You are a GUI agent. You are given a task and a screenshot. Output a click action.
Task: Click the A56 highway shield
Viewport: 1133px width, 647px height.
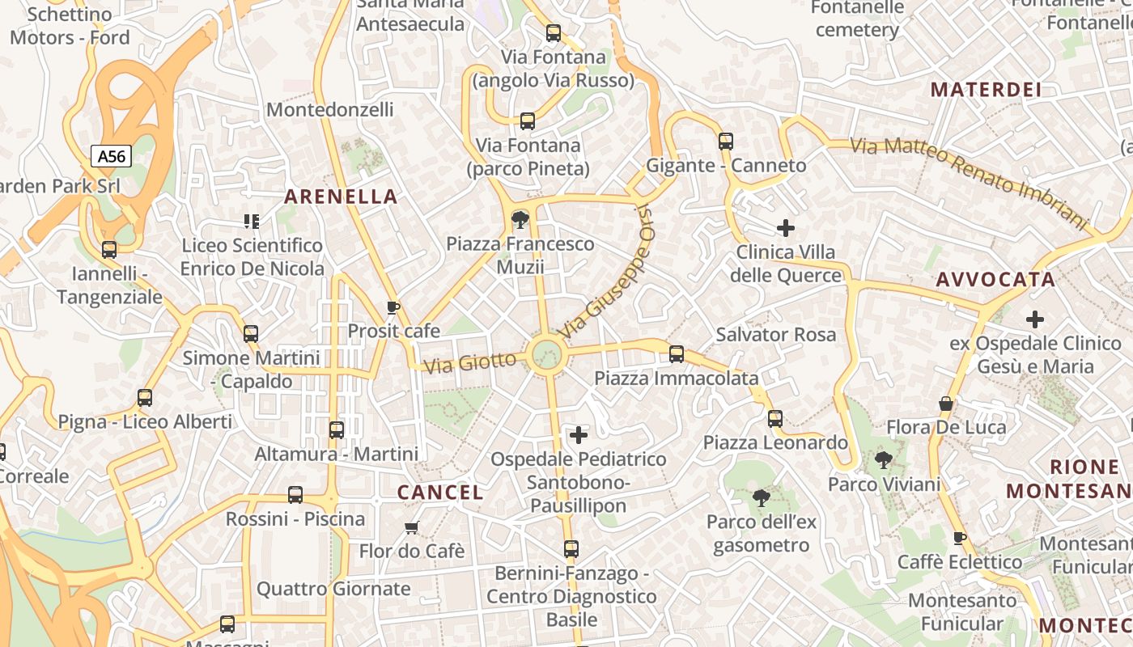110,156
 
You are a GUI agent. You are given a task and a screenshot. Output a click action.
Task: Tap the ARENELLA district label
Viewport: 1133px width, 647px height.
341,197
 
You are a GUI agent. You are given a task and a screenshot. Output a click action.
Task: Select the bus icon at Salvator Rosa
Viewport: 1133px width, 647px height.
676,353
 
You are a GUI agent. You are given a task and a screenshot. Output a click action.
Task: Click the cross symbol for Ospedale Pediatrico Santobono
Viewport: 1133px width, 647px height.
579,436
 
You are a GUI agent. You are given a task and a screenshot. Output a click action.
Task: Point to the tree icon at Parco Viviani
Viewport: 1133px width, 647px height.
883,461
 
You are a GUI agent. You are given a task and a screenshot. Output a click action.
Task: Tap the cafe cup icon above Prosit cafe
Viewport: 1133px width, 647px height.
393,307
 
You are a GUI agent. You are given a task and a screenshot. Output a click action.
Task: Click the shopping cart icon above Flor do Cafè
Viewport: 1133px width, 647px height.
411,528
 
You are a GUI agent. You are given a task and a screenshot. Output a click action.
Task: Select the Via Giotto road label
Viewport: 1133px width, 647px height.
470,362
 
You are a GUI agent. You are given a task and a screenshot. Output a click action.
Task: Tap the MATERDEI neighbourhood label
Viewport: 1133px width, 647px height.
986,90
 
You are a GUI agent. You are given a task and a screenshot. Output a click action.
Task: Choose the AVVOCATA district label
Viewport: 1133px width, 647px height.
995,280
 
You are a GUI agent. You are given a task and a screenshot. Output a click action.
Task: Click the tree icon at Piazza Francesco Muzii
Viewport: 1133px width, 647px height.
520,218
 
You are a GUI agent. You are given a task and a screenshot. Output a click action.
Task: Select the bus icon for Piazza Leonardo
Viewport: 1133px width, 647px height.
774,418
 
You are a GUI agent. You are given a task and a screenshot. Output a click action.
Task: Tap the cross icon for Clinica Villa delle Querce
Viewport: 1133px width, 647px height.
785,228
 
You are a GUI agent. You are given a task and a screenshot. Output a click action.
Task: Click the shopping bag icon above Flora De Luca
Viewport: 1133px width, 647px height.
945,404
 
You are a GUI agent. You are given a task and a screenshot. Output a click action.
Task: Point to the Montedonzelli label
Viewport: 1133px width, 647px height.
329,109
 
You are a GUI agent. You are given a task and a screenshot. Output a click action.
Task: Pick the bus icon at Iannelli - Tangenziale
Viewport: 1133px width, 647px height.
109,250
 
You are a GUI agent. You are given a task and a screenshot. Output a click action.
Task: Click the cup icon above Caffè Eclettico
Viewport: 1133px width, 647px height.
959,538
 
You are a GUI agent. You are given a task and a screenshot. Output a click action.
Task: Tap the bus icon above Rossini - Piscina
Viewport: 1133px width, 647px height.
295,494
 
